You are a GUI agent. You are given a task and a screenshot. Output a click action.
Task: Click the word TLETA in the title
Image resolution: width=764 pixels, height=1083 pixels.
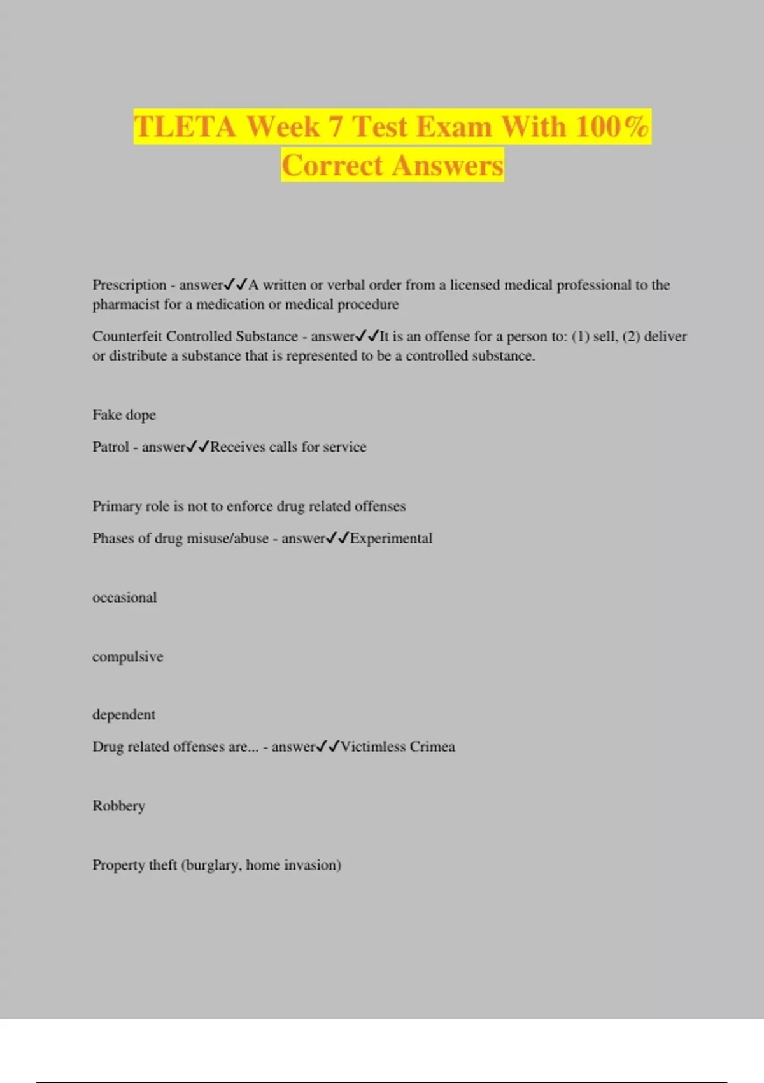coord(185,126)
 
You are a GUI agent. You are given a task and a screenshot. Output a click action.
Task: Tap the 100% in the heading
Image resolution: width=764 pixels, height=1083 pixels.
coord(612,126)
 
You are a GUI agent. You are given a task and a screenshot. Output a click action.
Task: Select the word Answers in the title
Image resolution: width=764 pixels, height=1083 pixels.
coord(448,166)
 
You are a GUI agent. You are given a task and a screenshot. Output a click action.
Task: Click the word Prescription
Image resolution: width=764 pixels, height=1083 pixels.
coord(129,285)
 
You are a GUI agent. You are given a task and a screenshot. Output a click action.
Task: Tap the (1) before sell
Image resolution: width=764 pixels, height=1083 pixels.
coord(580,336)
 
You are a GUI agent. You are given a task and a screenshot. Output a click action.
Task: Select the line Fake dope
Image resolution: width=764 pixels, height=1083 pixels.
coord(124,415)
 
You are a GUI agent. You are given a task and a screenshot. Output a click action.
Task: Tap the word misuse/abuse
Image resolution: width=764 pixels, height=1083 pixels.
coord(212,538)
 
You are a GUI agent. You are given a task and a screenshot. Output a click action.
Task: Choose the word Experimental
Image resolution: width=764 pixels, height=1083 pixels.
coord(391,538)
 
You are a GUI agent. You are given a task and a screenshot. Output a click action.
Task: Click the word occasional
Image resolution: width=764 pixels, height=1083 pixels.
coord(124,598)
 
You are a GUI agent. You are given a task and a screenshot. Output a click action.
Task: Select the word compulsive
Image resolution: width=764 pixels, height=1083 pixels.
coord(127,657)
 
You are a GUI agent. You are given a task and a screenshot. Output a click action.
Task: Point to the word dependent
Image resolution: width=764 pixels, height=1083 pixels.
coord(124,715)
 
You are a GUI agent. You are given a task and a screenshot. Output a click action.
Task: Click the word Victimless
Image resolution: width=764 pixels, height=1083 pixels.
coord(372,747)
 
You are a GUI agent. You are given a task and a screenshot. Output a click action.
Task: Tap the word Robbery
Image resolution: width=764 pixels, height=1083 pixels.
coord(118,806)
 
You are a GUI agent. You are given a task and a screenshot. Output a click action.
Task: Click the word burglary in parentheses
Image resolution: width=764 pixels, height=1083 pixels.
coord(213,865)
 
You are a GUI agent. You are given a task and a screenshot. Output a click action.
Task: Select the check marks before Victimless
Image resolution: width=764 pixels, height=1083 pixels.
coord(328,746)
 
